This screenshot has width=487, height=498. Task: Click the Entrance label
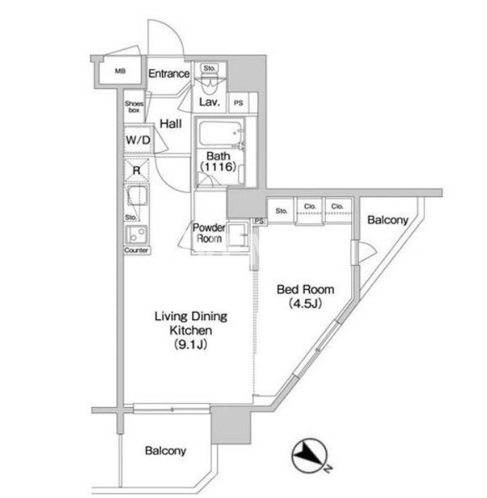[x=169, y=74]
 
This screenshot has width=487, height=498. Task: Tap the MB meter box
[x=120, y=72]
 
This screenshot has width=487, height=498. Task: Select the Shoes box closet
[x=134, y=107]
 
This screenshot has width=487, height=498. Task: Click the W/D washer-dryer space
[x=138, y=140]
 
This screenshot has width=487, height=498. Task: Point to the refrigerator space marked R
[x=137, y=170]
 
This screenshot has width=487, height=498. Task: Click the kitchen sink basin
[x=137, y=196]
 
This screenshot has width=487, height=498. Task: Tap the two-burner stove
[x=137, y=235]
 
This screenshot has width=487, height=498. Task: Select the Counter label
[x=137, y=250]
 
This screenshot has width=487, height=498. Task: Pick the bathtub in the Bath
[x=220, y=134]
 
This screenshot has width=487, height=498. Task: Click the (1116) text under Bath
[x=218, y=167]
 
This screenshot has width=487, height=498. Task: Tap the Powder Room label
[x=209, y=233]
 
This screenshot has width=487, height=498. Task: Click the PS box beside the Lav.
[x=239, y=103]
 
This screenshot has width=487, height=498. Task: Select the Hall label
[x=170, y=124]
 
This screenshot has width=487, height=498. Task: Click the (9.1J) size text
[x=191, y=344]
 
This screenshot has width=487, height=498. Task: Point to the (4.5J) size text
[x=305, y=304]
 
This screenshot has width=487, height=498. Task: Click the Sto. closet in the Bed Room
[x=282, y=210]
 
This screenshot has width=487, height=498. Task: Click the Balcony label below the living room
[x=165, y=451]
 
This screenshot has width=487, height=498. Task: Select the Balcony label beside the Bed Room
[x=388, y=219]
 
